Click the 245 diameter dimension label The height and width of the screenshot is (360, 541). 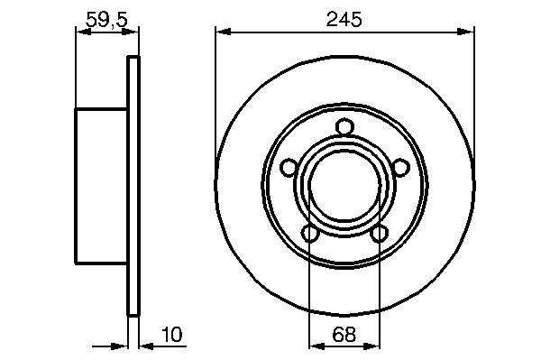344,19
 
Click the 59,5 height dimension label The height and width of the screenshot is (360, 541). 106,19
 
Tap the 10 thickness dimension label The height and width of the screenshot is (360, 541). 172,334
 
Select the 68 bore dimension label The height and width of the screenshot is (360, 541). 344,334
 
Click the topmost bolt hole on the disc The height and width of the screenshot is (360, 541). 344,126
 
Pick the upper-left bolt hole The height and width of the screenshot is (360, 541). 289,168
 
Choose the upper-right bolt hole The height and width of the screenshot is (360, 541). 400,168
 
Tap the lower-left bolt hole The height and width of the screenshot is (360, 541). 310,234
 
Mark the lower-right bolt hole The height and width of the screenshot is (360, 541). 379,234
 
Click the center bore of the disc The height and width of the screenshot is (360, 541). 344,185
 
